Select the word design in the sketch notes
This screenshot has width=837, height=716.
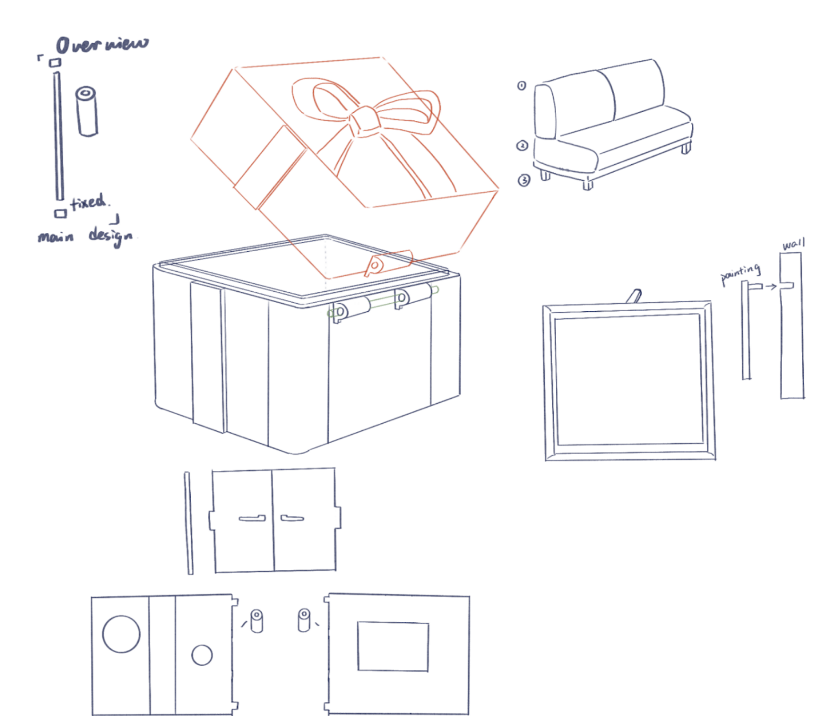pyautogui.click(x=110, y=236)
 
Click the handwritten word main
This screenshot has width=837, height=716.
pyautogui.click(x=56, y=237)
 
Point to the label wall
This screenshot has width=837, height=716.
pyautogui.click(x=794, y=245)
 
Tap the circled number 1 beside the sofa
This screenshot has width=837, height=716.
pyautogui.click(x=522, y=85)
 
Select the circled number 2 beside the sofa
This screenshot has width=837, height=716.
pyautogui.click(x=522, y=145)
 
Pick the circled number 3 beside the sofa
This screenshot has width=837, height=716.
pyautogui.click(x=524, y=180)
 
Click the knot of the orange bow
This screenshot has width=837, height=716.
pyautogui.click(x=364, y=120)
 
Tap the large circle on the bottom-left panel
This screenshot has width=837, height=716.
pyautogui.click(x=121, y=634)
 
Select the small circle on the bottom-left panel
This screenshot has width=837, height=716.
pyautogui.click(x=202, y=655)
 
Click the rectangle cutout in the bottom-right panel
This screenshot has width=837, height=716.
pyautogui.click(x=393, y=646)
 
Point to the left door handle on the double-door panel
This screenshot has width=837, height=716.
pyautogui.click(x=252, y=518)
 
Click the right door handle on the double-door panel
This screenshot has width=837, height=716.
pyautogui.click(x=292, y=518)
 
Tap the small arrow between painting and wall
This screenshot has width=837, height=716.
pyautogui.click(x=771, y=287)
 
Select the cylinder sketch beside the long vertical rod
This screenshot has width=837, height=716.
pyautogui.click(x=86, y=111)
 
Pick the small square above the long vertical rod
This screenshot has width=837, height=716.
pyautogui.click(x=55, y=63)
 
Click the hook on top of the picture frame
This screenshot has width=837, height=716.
pyautogui.click(x=634, y=296)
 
